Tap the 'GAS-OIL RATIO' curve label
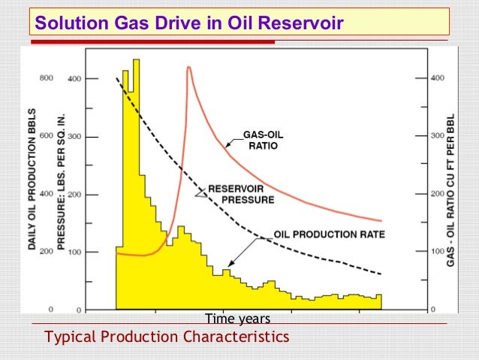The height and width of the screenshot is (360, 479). (263, 141)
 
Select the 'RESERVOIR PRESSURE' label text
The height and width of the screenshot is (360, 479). (240, 194)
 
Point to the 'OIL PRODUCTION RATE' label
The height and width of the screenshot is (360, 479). (329, 234)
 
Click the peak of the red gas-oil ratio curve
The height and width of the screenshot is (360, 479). (188, 68)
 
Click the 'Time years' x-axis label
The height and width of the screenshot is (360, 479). (238, 319)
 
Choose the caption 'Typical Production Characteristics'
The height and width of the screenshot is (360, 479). (167, 337)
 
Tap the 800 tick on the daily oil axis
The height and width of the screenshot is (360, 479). (47, 78)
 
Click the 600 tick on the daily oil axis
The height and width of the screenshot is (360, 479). (47, 137)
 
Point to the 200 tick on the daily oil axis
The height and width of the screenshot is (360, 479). (47, 252)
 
